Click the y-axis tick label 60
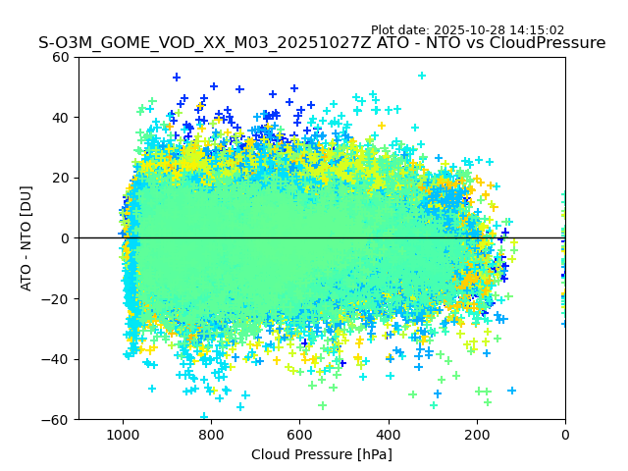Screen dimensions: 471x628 click(62, 57)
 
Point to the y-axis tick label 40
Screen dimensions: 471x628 click(62, 118)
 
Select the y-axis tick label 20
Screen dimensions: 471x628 click(62, 178)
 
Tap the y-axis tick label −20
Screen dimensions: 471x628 click(58, 298)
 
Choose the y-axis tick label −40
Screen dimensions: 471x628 click(58, 359)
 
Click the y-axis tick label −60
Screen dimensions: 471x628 click(58, 419)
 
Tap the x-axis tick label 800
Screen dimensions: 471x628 click(211, 435)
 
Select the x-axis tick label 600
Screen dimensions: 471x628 click(299, 435)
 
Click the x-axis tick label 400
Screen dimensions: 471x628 click(389, 435)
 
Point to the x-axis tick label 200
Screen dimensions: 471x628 click(477, 435)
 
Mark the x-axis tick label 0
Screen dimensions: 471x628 click(565, 435)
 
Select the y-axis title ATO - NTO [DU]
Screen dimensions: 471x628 click(27, 238)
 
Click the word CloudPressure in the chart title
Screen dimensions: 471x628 click(549, 43)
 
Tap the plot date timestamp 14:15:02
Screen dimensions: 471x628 click(537, 30)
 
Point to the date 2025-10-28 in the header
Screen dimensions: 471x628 click(471, 30)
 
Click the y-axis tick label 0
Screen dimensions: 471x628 click(66, 238)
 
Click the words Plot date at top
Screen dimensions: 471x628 click(400, 30)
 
